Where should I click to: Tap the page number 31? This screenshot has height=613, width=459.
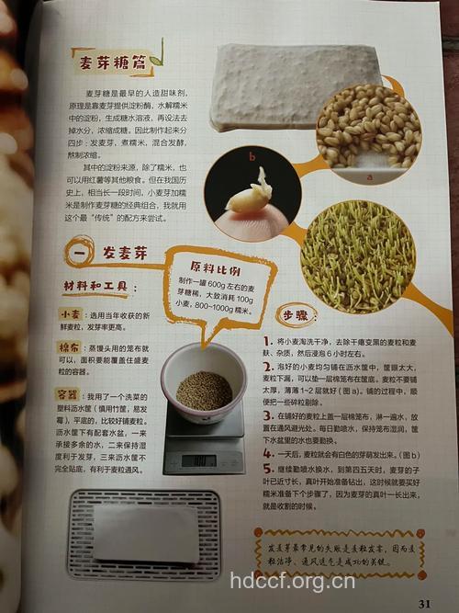[x=424, y=603]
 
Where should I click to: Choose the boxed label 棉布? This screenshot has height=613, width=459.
[x=69, y=349]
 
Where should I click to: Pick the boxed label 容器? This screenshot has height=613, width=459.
[x=69, y=392]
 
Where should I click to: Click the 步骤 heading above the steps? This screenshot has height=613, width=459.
[x=294, y=313]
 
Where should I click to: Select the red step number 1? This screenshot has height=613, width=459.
[x=267, y=341]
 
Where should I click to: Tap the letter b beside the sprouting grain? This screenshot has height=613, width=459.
[x=249, y=157]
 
